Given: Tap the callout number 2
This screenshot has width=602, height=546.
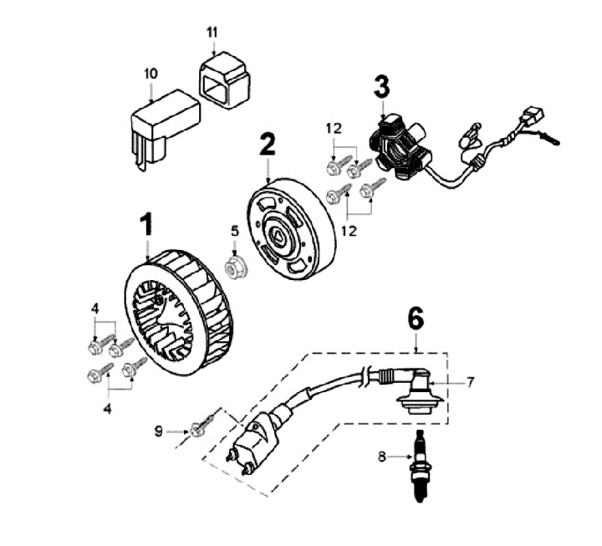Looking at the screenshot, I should pyautogui.click(x=267, y=144).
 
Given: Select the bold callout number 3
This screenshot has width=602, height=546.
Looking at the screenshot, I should pyautogui.click(x=381, y=87).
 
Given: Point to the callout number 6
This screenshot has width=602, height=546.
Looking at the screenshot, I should pyautogui.click(x=416, y=319).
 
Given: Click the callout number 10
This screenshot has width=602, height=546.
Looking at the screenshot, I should pyautogui.click(x=150, y=74).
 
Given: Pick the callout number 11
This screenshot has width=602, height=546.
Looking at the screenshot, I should pyautogui.click(x=212, y=33).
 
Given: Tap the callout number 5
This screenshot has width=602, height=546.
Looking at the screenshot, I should pyautogui.click(x=235, y=231).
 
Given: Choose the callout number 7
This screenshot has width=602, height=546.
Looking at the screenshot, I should pyautogui.click(x=471, y=383).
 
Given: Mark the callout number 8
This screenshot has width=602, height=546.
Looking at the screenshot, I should pyautogui.click(x=382, y=457).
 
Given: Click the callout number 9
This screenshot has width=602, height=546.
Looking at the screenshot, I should pyautogui.click(x=159, y=431).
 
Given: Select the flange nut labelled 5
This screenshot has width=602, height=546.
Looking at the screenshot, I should pyautogui.click(x=235, y=267).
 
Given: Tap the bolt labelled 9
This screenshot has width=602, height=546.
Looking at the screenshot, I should pyautogui.click(x=199, y=430).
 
